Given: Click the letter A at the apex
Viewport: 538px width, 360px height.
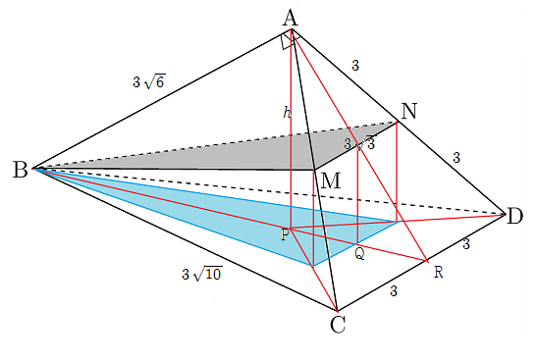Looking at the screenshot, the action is tap(291, 18).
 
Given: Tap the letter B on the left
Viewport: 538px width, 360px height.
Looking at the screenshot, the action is tap(20, 170).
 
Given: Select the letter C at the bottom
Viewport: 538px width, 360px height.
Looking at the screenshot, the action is tap(338, 325).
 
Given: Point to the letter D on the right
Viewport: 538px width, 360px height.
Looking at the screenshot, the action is tap(514, 217).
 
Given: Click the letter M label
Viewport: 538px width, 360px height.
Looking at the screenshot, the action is tap(331, 180).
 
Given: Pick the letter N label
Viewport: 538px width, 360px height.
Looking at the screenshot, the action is tap(408, 111).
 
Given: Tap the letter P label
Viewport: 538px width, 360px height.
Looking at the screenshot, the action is tap(285, 234).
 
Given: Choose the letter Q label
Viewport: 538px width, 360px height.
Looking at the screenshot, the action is tap(359, 254).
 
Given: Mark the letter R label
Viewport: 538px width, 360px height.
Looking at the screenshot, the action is tap(439, 273).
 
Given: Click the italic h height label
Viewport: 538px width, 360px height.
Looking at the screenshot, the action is tap(287, 112).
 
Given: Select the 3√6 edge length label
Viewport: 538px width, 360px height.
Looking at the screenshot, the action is tap(149, 81).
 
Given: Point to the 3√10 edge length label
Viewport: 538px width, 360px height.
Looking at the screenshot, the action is tap(202, 274).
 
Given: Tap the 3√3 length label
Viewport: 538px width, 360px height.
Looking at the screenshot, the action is tap(360, 143).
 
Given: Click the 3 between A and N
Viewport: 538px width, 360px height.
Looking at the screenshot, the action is tap(355, 65).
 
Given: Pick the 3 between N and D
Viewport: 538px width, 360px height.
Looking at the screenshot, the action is tap(456, 158).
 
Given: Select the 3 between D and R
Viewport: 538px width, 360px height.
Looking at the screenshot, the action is tap(466, 244).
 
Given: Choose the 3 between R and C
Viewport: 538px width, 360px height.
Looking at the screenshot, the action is tap(394, 291).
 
